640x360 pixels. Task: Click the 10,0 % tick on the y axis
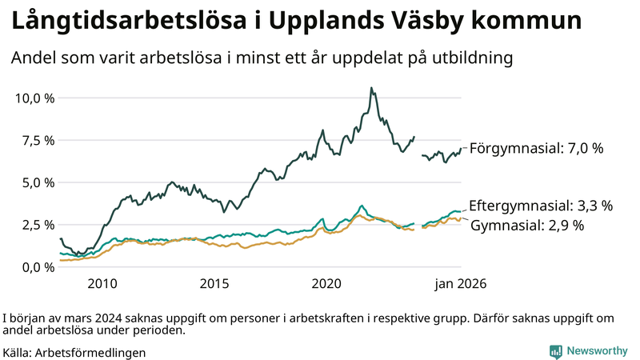coord(34,98)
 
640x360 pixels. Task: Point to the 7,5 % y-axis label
coord(37,141)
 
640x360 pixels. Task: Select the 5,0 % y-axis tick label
coord(37,182)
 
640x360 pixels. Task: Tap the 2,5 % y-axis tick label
coord(37,225)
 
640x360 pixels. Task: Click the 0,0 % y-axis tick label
coord(37,267)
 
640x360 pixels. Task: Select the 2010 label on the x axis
coord(102,284)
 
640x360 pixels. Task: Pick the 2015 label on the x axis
coord(214,284)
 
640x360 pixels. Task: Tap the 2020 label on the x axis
coord(326,284)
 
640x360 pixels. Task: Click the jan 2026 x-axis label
coord(460,284)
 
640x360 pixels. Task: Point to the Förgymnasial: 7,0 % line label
coord(536,148)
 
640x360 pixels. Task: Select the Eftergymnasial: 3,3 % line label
coord(541,206)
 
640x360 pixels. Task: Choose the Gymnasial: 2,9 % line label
coord(527,226)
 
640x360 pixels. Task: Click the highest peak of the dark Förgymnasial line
coord(370,88)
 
